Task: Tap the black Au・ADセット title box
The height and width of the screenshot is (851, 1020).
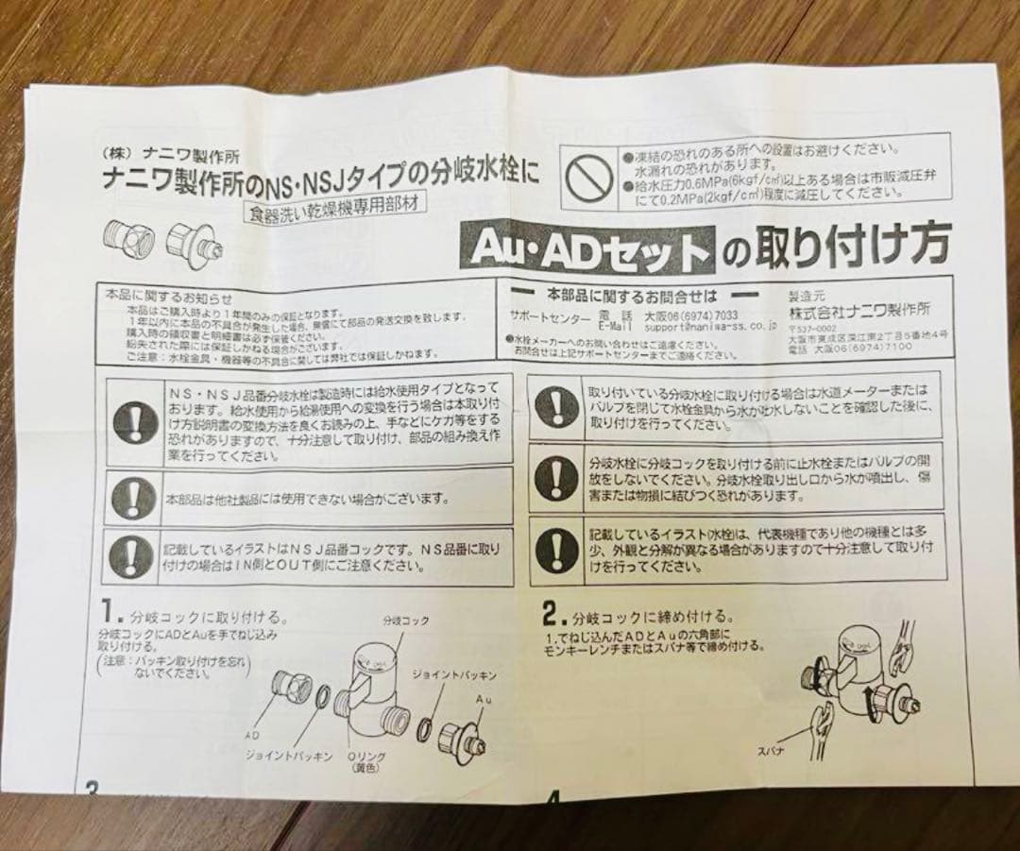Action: pos(586,250)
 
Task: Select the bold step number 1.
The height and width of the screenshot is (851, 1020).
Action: pos(109,607)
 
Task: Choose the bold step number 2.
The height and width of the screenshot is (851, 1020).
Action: pos(553,614)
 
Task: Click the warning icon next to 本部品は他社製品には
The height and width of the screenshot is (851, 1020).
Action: pos(133,497)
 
